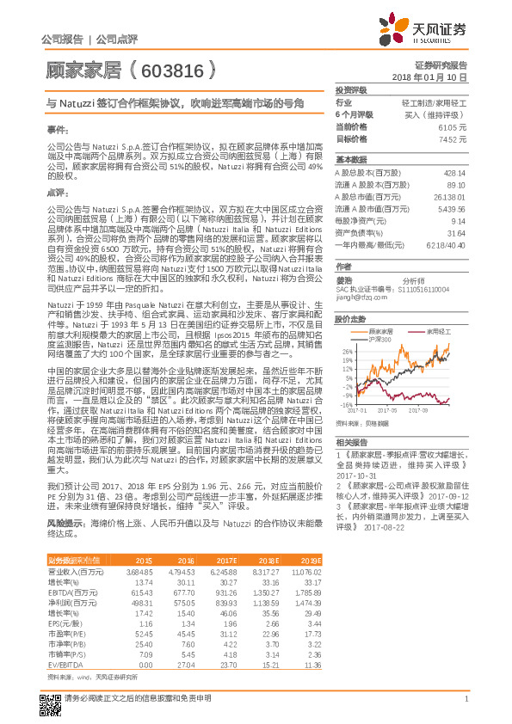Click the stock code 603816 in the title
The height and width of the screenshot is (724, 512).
(173, 65)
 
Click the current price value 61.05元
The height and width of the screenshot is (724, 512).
(453, 126)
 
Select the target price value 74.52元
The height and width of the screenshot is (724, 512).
(453, 138)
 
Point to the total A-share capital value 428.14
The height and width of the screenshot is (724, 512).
(455, 172)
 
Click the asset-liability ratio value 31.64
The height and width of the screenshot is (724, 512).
(457, 232)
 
